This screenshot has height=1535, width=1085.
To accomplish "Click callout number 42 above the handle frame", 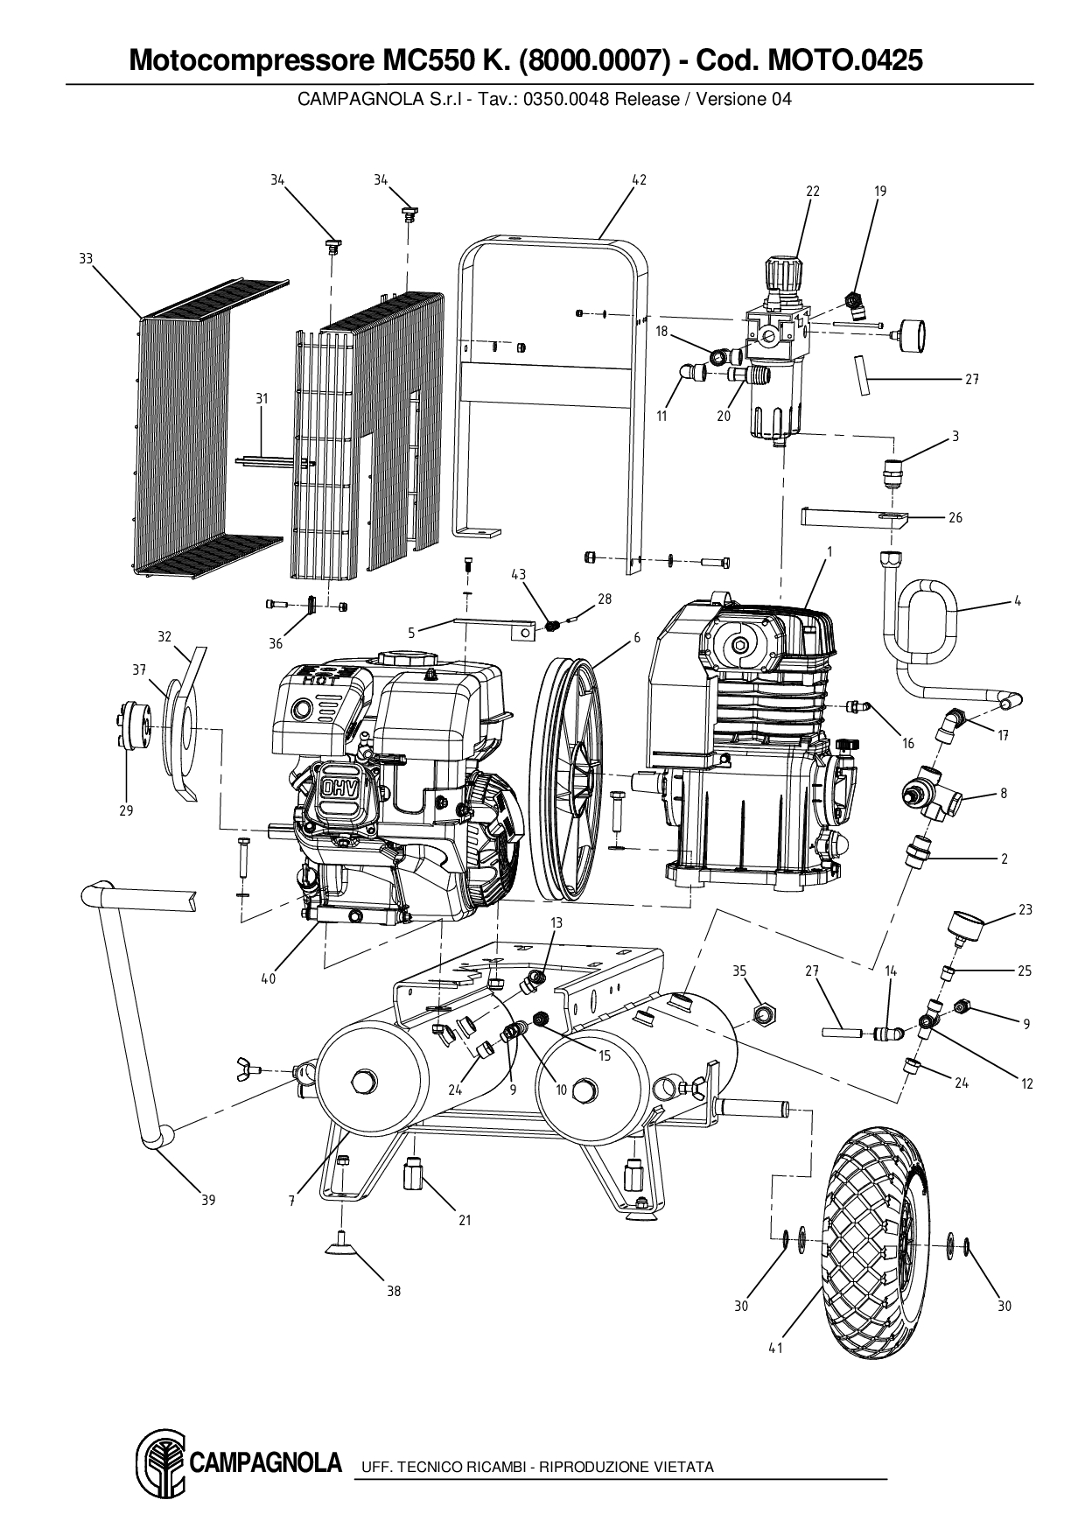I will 639,179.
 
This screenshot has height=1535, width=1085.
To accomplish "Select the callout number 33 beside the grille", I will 86,258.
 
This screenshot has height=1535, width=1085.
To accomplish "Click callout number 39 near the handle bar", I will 208,1200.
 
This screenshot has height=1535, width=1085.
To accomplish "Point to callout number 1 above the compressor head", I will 829,551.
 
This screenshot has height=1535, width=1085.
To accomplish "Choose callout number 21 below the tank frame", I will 465,1220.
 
